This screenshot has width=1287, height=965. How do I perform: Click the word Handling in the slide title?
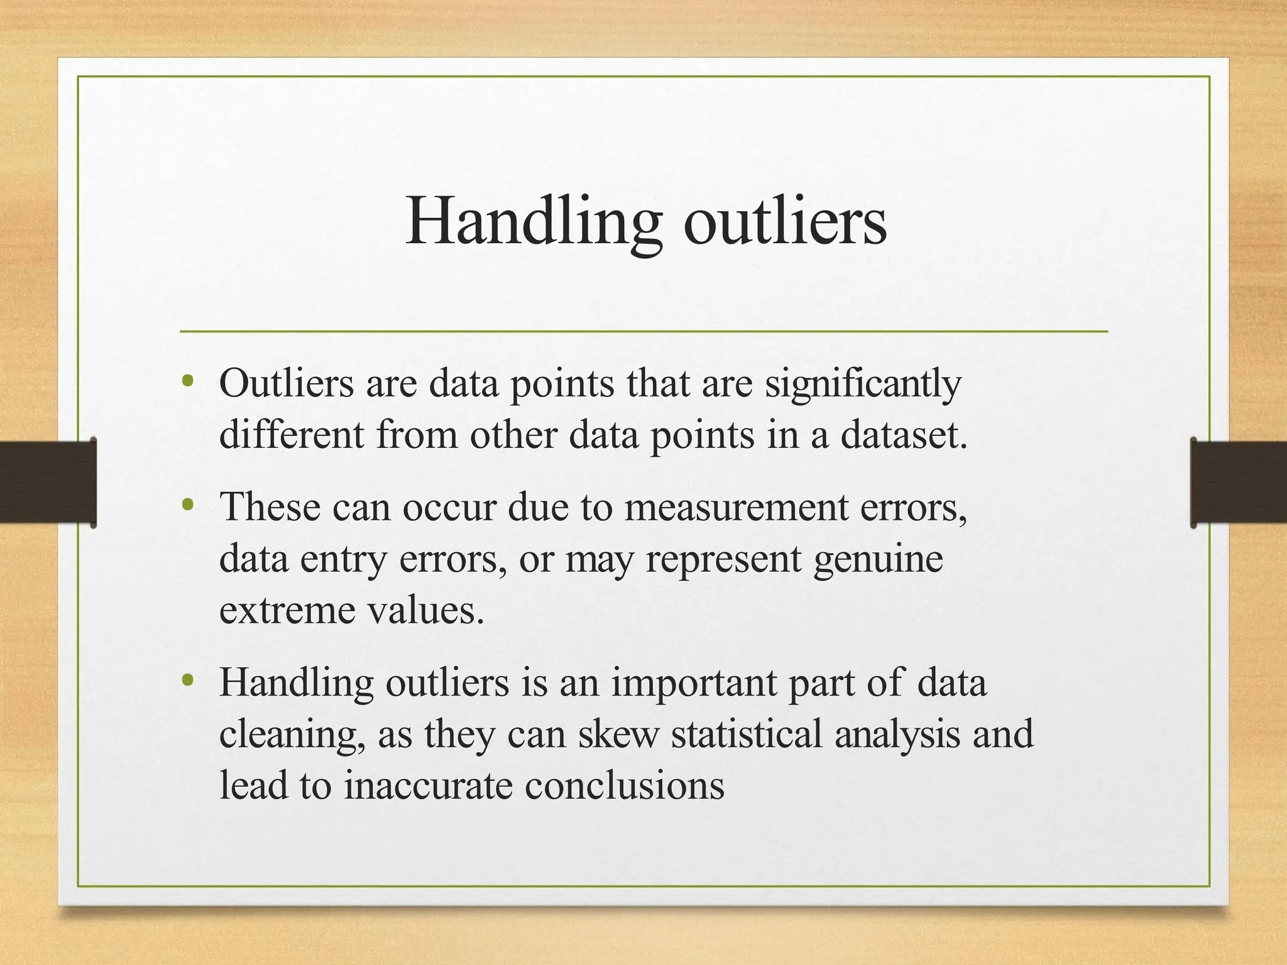533,222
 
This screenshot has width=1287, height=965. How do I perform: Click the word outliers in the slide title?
785,222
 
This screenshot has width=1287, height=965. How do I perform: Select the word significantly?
863,384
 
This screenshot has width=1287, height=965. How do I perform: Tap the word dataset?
904,435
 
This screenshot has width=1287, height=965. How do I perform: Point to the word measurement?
736,507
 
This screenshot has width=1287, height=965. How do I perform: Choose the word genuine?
878,559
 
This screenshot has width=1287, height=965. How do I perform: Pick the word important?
693,683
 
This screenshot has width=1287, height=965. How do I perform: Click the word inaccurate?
428,785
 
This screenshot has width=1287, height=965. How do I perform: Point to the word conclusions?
624,785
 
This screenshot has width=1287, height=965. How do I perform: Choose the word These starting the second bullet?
270,507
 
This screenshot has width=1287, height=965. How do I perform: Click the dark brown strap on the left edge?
47,482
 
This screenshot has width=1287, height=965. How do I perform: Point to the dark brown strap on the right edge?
1239,482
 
